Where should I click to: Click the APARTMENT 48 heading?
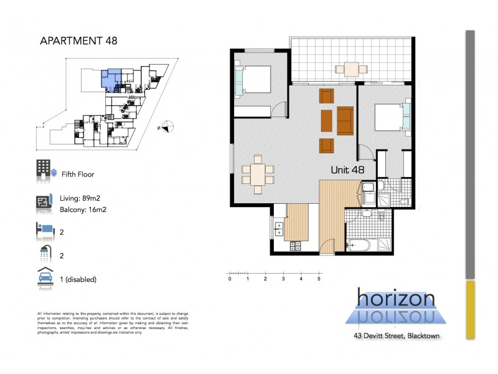[x=78, y=41]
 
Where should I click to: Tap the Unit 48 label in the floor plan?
[x=352, y=169]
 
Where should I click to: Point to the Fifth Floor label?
[x=78, y=175]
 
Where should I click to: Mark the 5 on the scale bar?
[x=319, y=279]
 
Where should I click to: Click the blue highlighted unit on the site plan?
[x=110, y=80]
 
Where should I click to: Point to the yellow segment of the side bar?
[x=470, y=310]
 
